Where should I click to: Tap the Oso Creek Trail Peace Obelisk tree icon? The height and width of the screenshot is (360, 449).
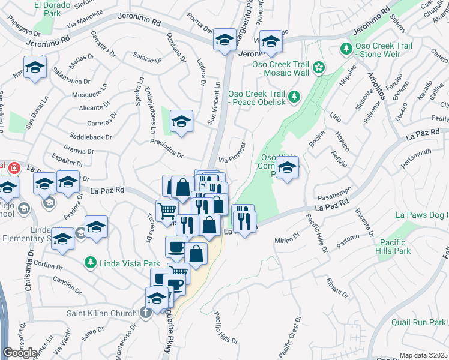pyautogui.click(x=294, y=96)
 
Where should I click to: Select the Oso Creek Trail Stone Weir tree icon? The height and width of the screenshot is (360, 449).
pyautogui.click(x=346, y=48)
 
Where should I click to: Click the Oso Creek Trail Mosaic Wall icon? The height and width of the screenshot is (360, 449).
pyautogui.click(x=319, y=65)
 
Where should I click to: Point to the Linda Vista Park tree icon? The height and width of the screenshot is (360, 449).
pyautogui.click(x=90, y=262)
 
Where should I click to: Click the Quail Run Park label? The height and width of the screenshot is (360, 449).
pyautogui.click(x=418, y=322)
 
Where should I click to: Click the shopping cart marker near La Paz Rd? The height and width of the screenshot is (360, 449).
pyautogui.click(x=167, y=211)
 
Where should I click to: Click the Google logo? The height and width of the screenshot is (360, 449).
pyautogui.click(x=20, y=353)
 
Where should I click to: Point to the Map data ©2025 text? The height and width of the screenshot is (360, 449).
pyautogui.click(x=424, y=355)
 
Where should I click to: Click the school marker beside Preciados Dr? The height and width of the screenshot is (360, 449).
pyautogui.click(x=181, y=121)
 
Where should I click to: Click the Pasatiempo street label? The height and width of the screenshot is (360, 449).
pyautogui.click(x=334, y=196)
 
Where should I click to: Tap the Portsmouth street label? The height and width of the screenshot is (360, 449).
pyautogui.click(x=417, y=156)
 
